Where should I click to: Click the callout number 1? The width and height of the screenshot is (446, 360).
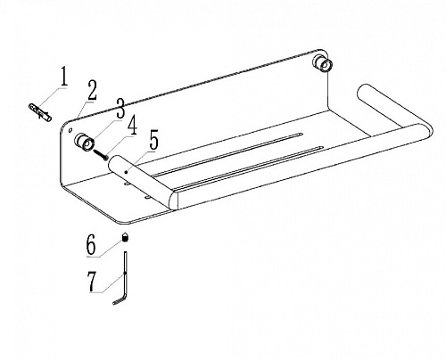click(x=64, y=77)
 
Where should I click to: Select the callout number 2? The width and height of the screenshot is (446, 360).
click(x=92, y=90)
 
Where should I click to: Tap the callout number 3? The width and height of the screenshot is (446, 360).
click(x=120, y=108)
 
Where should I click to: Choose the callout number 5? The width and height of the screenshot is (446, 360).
click(x=153, y=140)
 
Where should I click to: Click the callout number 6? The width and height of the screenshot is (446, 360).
click(x=91, y=244)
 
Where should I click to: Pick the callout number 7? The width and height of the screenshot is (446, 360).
click(x=92, y=282)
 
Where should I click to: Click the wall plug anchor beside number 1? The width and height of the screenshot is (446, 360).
click(x=40, y=111)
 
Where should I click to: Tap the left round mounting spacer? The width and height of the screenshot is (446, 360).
click(x=85, y=142)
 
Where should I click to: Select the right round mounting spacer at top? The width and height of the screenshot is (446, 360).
click(x=322, y=63)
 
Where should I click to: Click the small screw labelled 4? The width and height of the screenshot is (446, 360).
click(x=101, y=154)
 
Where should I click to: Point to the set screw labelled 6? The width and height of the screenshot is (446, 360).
click(x=126, y=237)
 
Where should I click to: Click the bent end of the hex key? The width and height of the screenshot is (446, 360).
click(x=120, y=300)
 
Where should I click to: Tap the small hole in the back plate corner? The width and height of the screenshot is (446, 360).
click(x=70, y=130)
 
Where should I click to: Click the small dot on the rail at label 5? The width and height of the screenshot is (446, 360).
click(x=127, y=172)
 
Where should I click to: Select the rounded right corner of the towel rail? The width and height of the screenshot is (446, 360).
click(x=425, y=131)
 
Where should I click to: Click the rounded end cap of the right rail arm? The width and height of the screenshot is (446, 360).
click(x=362, y=91)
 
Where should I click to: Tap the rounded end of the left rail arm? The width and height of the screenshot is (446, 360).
click(x=114, y=163)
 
